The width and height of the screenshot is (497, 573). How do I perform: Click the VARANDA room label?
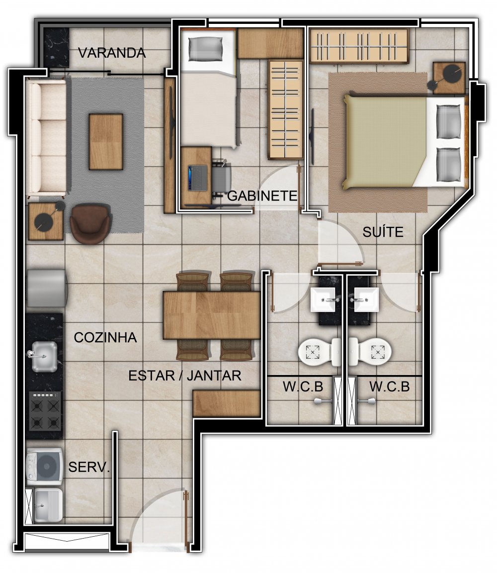pyautogui.click(x=112, y=53)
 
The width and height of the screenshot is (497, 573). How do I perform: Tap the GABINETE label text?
pyautogui.click(x=262, y=196)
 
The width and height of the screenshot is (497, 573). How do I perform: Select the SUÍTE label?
pyautogui.click(x=383, y=232)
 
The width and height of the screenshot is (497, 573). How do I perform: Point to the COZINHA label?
pyautogui.click(x=105, y=337)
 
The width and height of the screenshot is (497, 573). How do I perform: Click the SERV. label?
pyautogui.click(x=89, y=467)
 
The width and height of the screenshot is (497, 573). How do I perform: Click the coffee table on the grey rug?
pyautogui.click(x=106, y=142)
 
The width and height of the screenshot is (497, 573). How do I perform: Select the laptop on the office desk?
pyautogui.click(x=198, y=178)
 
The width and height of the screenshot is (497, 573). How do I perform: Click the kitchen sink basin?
pyautogui.click(x=44, y=357)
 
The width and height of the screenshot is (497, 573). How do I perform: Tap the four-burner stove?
pyautogui.click(x=45, y=411)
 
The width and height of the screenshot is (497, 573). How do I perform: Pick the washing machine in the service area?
pyautogui.click(x=45, y=467)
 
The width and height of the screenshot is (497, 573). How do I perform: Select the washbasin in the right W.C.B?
pyautogui.click(x=367, y=299)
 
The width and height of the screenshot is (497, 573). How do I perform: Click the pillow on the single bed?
pyautogui.click(x=206, y=49)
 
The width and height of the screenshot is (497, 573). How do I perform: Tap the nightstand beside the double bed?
pyautogui.click(x=449, y=78)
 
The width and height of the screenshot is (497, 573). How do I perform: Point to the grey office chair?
pyautogui.click(x=222, y=178)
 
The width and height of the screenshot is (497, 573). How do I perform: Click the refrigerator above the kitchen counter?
pyautogui.click(x=47, y=288)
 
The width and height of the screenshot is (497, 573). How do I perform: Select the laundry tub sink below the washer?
pyautogui.click(x=48, y=506)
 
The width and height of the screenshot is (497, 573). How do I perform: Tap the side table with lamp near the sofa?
pyautogui.click(x=46, y=221)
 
